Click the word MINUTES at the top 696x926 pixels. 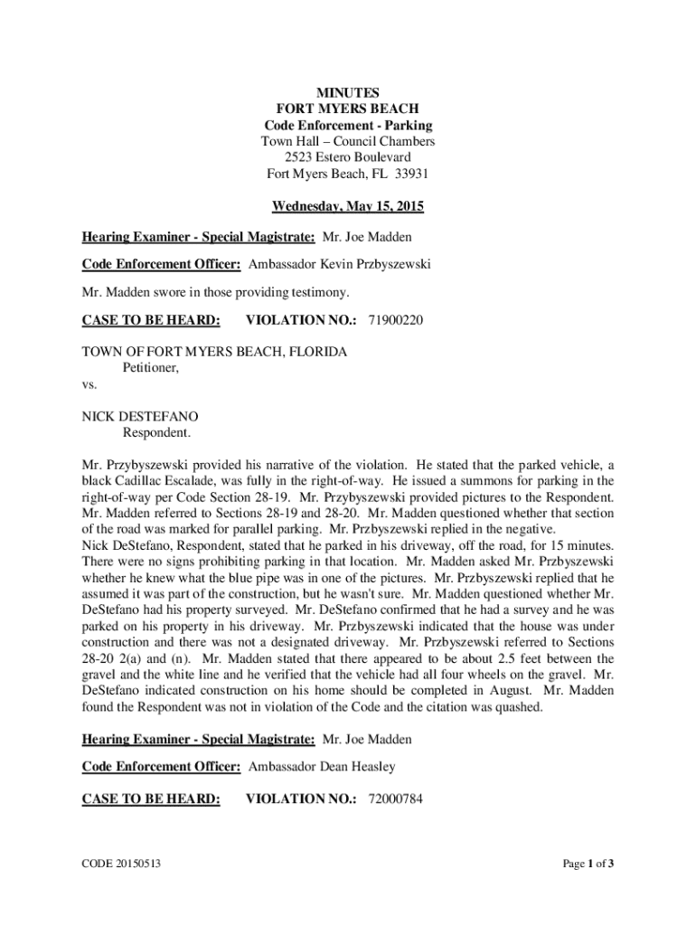[x=347, y=92]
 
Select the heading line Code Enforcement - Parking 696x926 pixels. [x=347, y=125]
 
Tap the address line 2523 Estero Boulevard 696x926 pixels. [x=347, y=157]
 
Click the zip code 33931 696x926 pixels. [x=409, y=174]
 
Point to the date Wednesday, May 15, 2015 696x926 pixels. [x=348, y=207]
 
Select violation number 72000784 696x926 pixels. [x=395, y=798]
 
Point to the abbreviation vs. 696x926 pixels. [x=89, y=384]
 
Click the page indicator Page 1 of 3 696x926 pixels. [x=588, y=864]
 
